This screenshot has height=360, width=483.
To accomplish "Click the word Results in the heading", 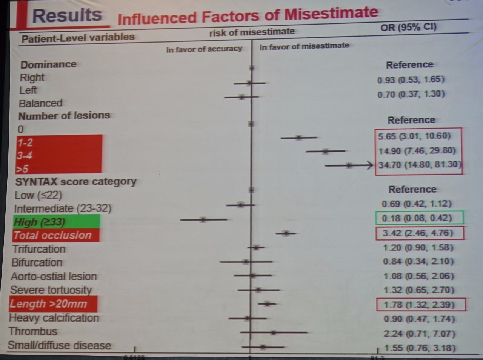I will (x=67, y=16).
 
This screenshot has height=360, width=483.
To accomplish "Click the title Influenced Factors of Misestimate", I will (x=248, y=16).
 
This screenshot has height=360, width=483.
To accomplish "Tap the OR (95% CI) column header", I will (x=408, y=28).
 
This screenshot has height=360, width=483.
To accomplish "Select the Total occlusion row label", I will (x=52, y=236).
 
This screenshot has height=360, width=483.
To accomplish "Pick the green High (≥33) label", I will (x=40, y=222).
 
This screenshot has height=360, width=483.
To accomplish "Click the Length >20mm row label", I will (x=49, y=304).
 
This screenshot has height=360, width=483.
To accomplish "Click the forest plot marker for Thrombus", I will (x=273, y=332).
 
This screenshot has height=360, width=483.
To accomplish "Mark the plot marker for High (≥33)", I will (x=203, y=219).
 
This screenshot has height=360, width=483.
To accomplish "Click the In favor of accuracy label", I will (x=204, y=49).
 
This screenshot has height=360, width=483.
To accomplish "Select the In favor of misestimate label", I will (x=304, y=46).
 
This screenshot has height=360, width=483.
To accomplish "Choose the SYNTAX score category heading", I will (x=75, y=182).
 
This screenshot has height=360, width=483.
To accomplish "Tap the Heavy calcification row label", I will (x=54, y=318).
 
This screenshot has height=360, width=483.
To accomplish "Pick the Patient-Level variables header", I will (x=78, y=38).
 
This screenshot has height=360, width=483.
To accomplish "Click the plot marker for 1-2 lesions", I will (x=298, y=138).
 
